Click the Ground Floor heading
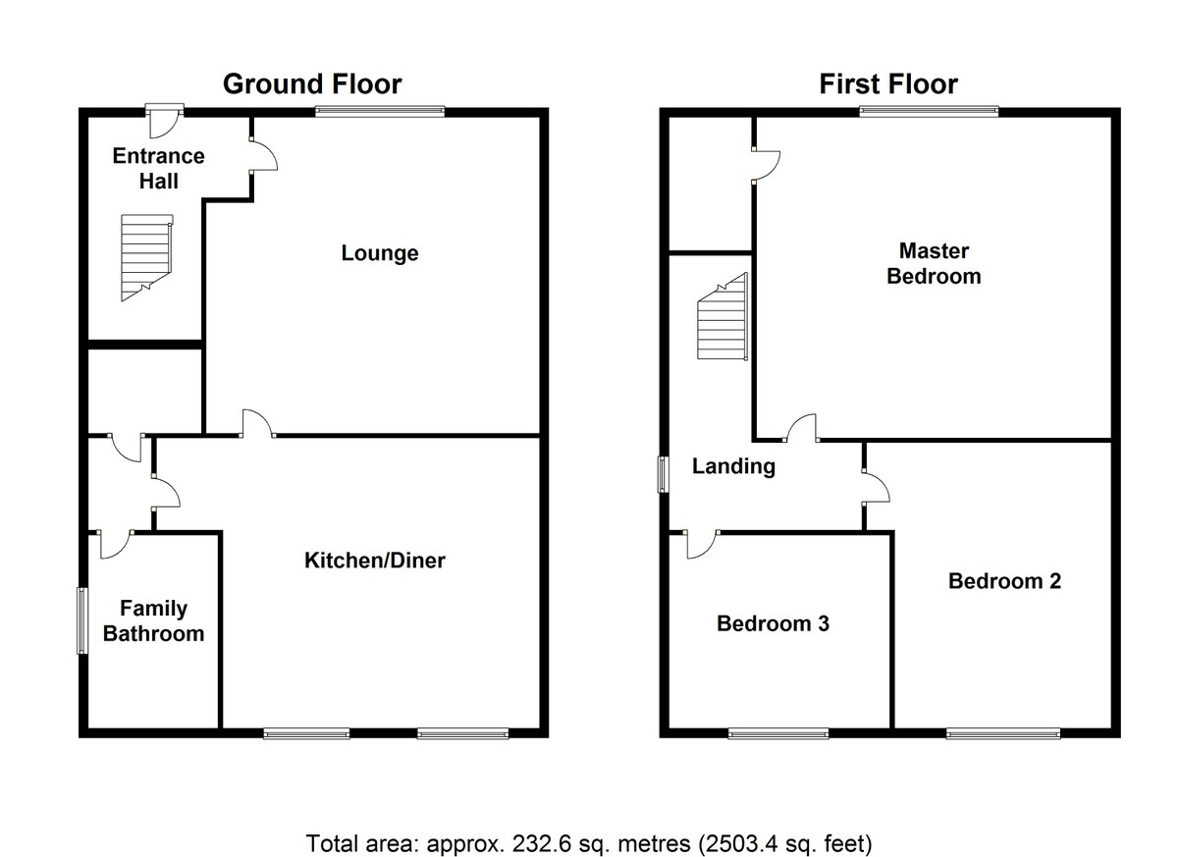(311, 84)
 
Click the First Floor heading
(888, 84)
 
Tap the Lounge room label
(380, 253)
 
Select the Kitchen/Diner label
(375, 561)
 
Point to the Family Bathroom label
(154, 621)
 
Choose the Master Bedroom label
(933, 264)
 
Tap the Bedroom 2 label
(1004, 581)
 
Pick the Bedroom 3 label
(773, 623)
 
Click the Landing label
(733, 467)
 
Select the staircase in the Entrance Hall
(145, 257)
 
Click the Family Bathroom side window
(82, 619)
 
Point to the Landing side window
(664, 474)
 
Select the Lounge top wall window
(379, 112)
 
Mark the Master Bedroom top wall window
(929, 112)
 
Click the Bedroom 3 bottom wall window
(778, 732)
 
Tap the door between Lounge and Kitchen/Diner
(259, 425)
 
